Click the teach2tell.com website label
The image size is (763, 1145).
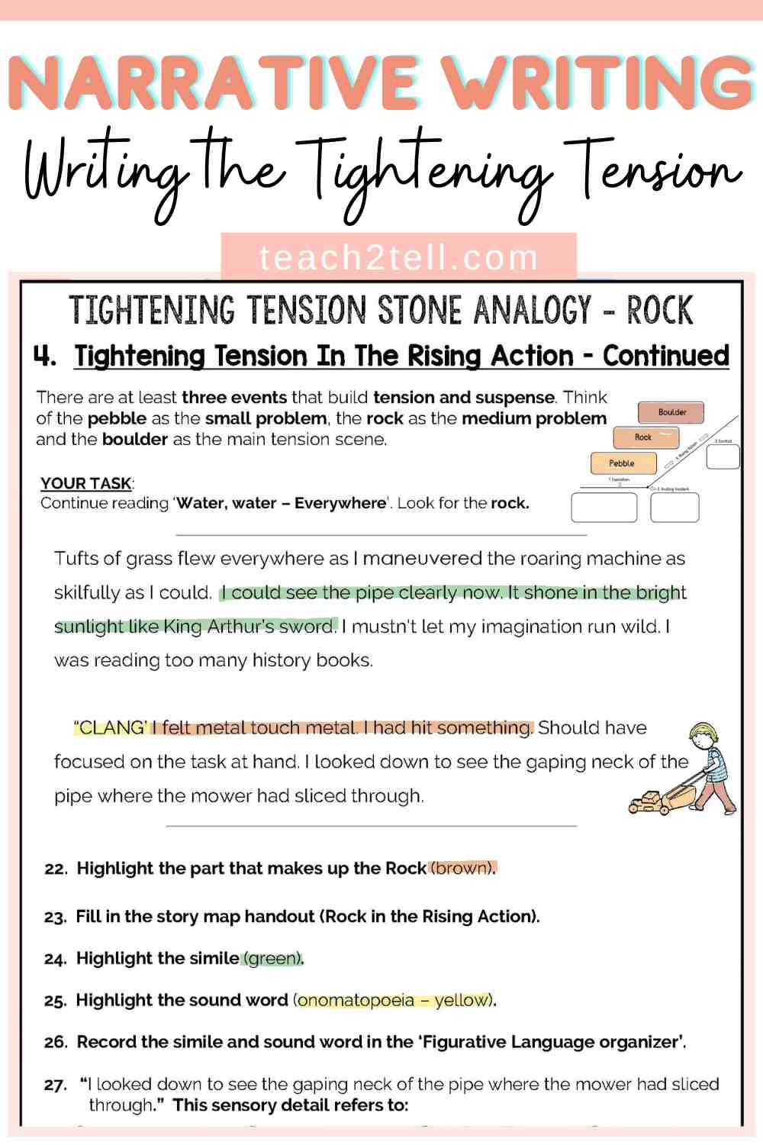click(398, 257)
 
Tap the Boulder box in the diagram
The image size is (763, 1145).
click(671, 413)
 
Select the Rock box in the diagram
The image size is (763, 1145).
click(645, 437)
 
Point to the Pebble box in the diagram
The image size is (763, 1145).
click(623, 463)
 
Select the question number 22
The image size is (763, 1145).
click(56, 869)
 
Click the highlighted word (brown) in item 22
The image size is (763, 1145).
click(462, 868)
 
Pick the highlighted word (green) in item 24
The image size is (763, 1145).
click(272, 958)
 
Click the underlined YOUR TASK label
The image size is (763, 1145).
click(86, 483)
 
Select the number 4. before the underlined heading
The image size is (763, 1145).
click(45, 356)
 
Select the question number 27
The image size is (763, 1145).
click(56, 1085)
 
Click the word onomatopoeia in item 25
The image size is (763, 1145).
click(356, 1000)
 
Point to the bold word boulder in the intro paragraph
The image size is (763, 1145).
click(134, 439)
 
